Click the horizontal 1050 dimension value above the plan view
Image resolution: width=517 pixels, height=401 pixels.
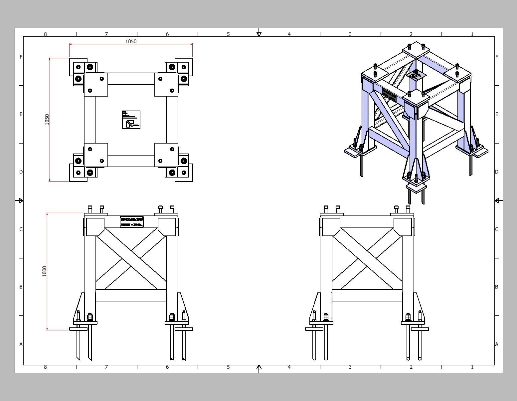pyautogui.click(x=131, y=42)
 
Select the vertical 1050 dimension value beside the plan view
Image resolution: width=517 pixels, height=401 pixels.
pyautogui.click(x=47, y=120)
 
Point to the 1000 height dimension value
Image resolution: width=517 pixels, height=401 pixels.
pyautogui.click(x=45, y=271)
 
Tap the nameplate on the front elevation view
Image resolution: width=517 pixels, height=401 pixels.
pyautogui.click(x=131, y=222)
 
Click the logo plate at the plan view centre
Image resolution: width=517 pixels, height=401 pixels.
pyautogui.click(x=131, y=120)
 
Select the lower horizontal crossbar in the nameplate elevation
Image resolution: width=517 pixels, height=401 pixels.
pyautogui.click(x=131, y=295)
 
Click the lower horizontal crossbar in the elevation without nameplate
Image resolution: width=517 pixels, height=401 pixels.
pyautogui.click(x=367, y=295)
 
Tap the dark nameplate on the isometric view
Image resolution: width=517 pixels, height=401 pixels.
pyautogui.click(x=389, y=95)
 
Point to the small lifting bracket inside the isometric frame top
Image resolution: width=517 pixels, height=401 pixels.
pyautogui.click(x=415, y=75)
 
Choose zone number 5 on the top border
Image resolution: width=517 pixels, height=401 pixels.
pyautogui.click(x=228, y=34)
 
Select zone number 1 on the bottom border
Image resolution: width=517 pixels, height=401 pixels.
pyautogui.click(x=472, y=367)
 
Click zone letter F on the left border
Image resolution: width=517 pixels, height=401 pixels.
pyautogui.click(x=21, y=57)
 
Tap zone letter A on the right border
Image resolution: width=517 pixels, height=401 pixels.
pyautogui.click(x=497, y=344)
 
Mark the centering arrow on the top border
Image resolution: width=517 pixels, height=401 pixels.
pyautogui.click(x=259, y=34)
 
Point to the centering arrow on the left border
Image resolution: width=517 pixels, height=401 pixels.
pyautogui.click(x=21, y=200)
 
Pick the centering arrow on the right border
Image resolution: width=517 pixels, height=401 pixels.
pyautogui.click(x=497, y=200)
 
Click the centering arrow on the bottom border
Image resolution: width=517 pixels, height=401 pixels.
pyautogui.click(x=259, y=367)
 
